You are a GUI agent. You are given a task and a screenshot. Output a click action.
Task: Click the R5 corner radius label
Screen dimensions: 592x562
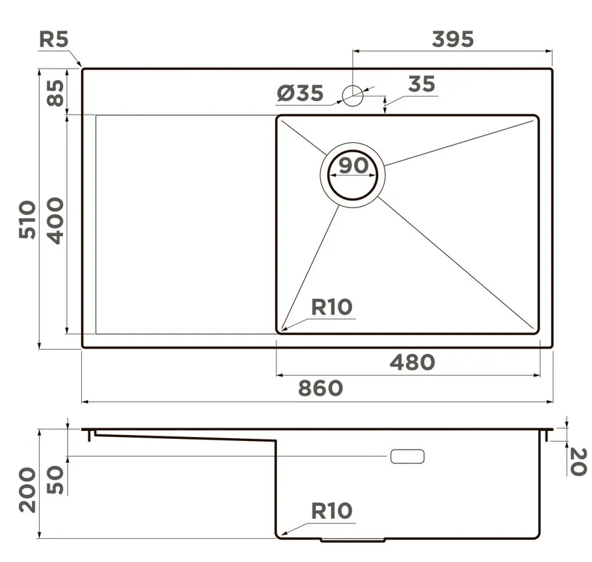54,40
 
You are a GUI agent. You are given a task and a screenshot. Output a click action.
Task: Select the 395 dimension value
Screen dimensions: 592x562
452,39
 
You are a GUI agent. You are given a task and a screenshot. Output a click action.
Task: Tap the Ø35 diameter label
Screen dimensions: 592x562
300,93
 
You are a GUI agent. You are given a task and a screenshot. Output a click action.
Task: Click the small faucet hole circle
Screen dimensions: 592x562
353,95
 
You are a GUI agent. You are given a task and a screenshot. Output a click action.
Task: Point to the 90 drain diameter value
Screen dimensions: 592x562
353,166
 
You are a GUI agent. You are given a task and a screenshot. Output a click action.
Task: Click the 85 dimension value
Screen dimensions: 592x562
56,93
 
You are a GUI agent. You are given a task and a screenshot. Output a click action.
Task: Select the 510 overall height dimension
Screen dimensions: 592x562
27,220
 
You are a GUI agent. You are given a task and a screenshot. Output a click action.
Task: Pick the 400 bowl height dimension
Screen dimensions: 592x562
56,221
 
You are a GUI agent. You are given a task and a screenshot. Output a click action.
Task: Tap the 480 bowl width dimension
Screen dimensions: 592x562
413,362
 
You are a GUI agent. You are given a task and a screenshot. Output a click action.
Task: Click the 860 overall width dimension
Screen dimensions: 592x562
320,388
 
